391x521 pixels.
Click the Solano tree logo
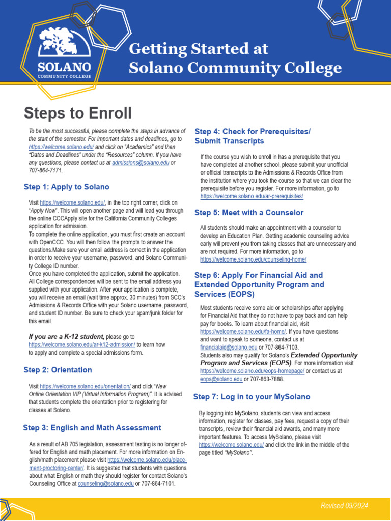pyautogui.click(x=64, y=43)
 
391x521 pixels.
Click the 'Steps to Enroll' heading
pyautogui.click(x=77, y=113)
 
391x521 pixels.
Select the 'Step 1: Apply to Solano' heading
pyautogui.click(x=66, y=187)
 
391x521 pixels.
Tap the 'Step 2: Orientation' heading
pyautogui.click(x=58, y=370)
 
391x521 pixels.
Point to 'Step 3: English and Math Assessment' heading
pyautogui.click(x=92, y=428)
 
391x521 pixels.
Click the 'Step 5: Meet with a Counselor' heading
pyautogui.click(x=248, y=213)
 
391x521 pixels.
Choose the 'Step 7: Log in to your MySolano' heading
pyautogui.click(x=252, y=397)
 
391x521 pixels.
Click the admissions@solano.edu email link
pyautogui.click(x=140, y=163)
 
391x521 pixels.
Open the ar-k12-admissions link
pyautogui.click(x=82, y=344)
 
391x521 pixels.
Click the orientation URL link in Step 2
pyautogui.click(x=85, y=386)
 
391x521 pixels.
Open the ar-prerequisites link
pyautogui.click(x=252, y=196)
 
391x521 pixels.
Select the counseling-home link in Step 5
pyautogui.click(x=253, y=259)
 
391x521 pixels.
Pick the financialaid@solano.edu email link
pyautogui.click(x=229, y=348)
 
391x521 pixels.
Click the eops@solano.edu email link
pyautogui.click(x=221, y=379)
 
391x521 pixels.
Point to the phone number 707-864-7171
pyautogui.click(x=45, y=171)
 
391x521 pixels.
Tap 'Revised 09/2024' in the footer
pyautogui.click(x=344, y=505)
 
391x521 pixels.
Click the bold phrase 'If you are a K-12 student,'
pyautogui.click(x=66, y=336)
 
